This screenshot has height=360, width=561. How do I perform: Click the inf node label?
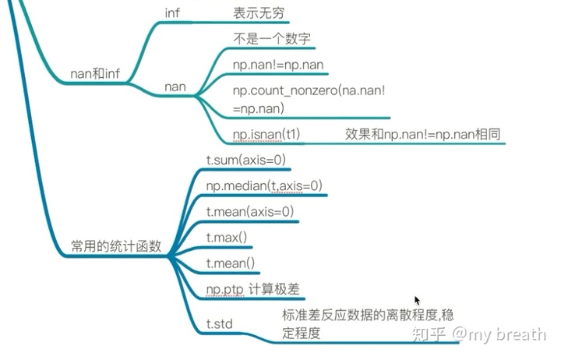[x=172, y=13]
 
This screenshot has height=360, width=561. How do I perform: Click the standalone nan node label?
[x=175, y=86]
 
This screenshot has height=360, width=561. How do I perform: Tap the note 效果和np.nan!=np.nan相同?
[x=422, y=135]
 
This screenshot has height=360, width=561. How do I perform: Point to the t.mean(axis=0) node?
[x=249, y=211]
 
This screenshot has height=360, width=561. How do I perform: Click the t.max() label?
[x=226, y=237]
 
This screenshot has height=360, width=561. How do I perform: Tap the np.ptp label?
[x=224, y=288]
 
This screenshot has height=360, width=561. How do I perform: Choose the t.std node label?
[x=220, y=321]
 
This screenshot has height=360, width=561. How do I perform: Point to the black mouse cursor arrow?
[x=418, y=300]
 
